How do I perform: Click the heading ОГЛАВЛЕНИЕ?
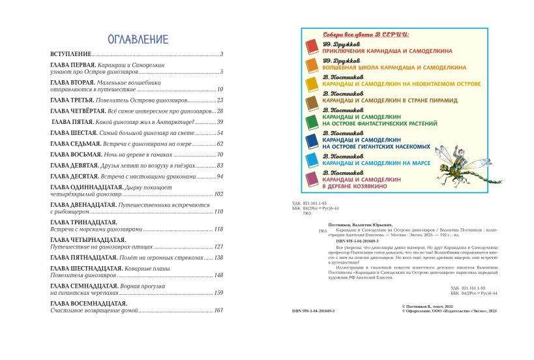coord(137,38)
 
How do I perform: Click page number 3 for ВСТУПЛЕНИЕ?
coord(222,54)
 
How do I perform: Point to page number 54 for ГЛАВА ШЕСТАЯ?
coord(220,132)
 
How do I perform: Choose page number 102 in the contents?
coord(218,194)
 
